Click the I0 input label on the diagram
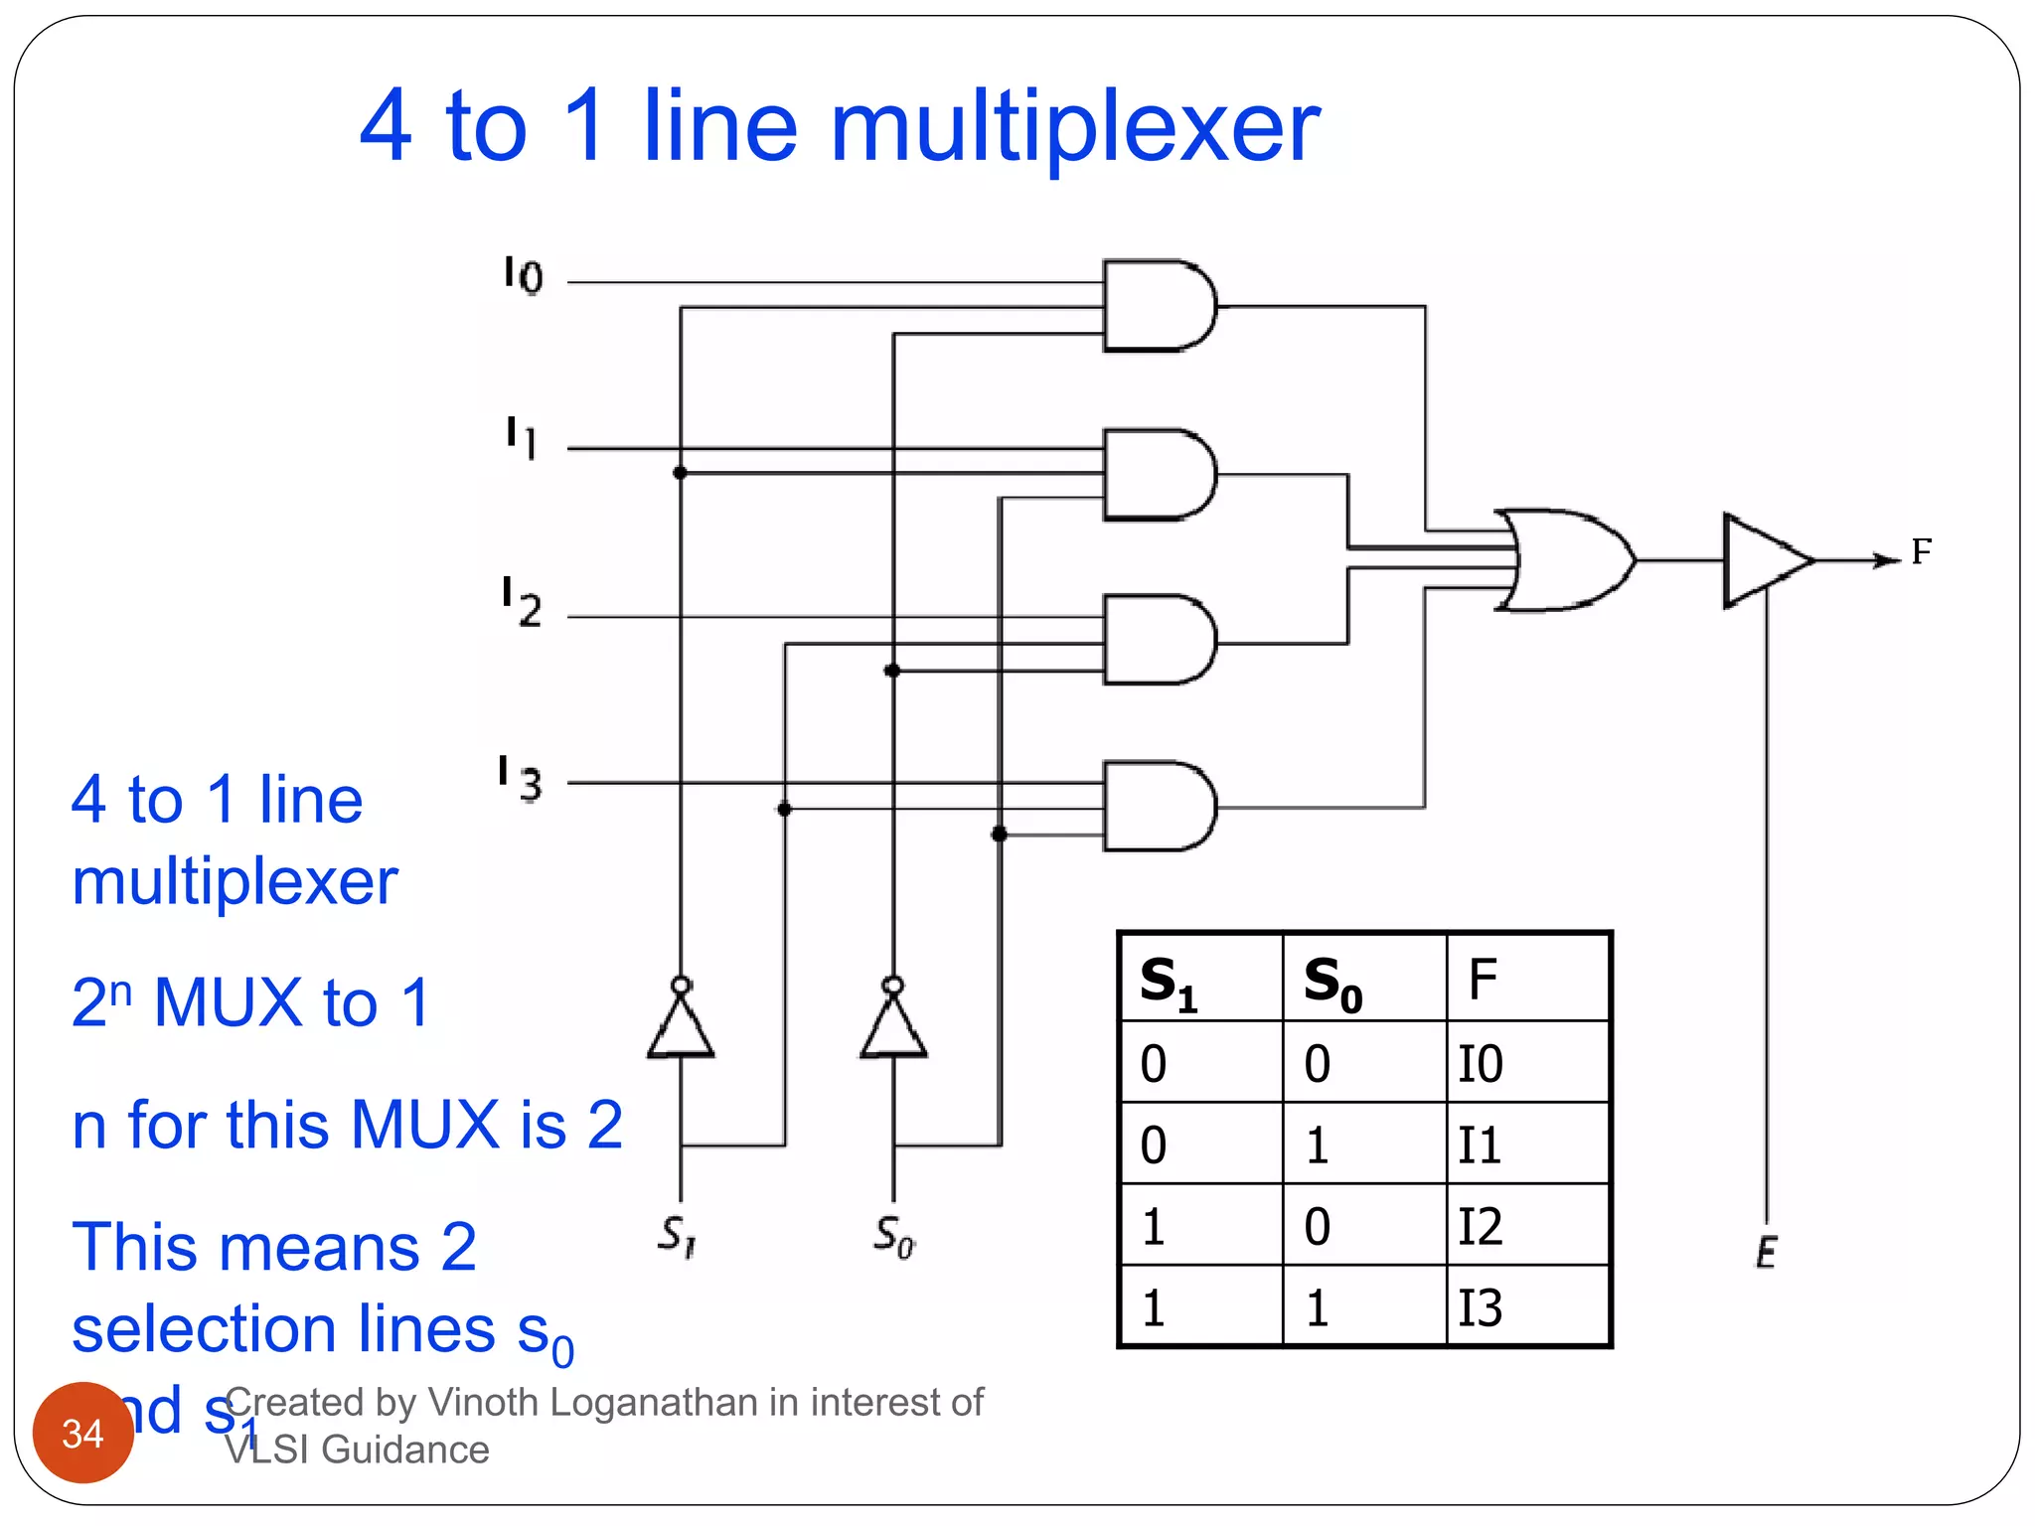tap(523, 275)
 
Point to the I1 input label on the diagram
tap(522, 437)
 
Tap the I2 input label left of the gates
tap(521, 602)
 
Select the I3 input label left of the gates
tap(520, 778)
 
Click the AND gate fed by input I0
tap(1157, 306)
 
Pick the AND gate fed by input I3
tap(1157, 806)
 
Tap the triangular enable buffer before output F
tap(1765, 560)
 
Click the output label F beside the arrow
tap(1922, 551)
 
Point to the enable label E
tap(1766, 1252)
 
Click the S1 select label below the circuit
tap(678, 1237)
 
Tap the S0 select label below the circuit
tap(894, 1237)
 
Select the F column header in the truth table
tap(1483, 980)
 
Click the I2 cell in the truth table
tap(1481, 1226)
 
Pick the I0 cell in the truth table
tap(1481, 1064)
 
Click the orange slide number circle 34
tap(83, 1433)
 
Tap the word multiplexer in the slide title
tap(1075, 126)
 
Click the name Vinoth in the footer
tap(484, 1402)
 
